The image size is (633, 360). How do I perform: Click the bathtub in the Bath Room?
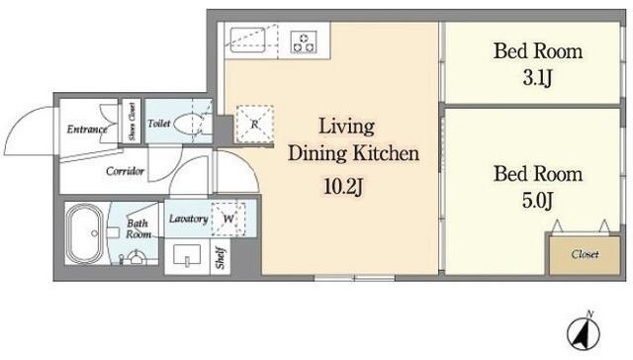tap(86, 234)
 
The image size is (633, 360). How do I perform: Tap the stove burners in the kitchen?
tap(304, 42)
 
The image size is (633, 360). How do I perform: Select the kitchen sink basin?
tap(247, 40)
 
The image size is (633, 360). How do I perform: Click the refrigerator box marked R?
tap(255, 124)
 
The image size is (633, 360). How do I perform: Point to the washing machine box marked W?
tap(228, 219)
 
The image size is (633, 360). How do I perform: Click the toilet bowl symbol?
tap(190, 124)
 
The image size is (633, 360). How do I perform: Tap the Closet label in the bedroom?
tap(585, 254)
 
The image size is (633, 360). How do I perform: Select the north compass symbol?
tap(584, 333)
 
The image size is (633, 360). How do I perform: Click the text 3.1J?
tap(537, 78)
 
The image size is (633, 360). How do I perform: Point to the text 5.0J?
tap(537, 201)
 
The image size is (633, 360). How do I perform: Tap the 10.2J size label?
tap(343, 187)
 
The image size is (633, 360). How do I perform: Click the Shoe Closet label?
tap(132, 121)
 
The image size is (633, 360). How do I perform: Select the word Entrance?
tap(87, 130)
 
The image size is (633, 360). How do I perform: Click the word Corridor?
tap(125, 171)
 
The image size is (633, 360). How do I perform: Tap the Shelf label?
tap(220, 258)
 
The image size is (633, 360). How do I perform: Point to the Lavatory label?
tap(188, 219)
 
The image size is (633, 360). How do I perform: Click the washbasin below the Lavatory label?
tap(187, 255)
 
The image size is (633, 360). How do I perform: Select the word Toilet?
tap(158, 123)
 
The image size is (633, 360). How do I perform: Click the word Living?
tap(347, 127)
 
